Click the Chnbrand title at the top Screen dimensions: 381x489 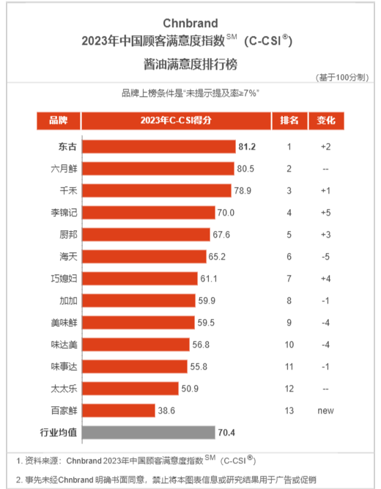190,23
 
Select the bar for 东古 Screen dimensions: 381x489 159,147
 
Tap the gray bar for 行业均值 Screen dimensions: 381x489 149,433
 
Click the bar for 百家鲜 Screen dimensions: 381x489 119,411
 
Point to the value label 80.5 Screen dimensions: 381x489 245,169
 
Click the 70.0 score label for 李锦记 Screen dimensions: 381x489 226,213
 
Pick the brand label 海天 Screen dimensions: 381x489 68,257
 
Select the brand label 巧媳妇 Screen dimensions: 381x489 64,279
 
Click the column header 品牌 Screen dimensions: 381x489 59,120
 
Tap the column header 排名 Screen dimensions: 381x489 289,120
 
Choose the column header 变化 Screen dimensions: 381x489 326,120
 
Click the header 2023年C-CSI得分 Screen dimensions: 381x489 176,120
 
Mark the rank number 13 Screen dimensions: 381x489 289,411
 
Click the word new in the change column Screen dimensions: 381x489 325,411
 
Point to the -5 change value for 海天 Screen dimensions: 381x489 325,257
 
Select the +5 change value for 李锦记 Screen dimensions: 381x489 326,213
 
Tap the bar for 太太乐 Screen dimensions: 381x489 130,389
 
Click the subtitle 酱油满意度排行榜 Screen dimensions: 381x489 190,65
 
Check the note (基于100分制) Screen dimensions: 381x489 342,77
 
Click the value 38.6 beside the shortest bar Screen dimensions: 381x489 166,411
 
